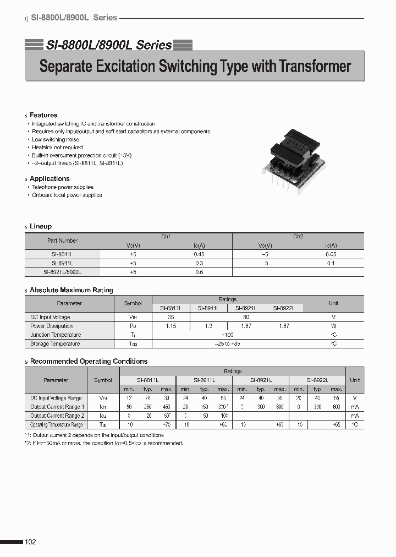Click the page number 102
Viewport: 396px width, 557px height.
click(x=30, y=542)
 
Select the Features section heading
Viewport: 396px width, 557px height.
click(x=43, y=115)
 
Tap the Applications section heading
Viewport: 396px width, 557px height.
click(x=50, y=179)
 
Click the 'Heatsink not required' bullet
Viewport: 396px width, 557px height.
click(x=57, y=148)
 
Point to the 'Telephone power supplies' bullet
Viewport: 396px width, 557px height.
click(x=63, y=187)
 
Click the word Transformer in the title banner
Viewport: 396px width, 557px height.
click(x=315, y=67)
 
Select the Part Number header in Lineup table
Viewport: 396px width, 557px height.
click(x=62, y=241)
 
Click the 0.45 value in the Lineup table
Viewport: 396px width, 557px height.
click(x=199, y=254)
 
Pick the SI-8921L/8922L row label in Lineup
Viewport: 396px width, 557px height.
click(x=62, y=272)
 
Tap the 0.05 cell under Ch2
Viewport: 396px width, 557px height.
click(x=331, y=254)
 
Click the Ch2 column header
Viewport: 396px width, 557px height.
click(x=298, y=237)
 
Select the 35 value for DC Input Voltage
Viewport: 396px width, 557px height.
click(x=170, y=317)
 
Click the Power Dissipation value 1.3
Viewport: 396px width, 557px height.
click(x=208, y=326)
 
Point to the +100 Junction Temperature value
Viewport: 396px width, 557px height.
click(x=227, y=335)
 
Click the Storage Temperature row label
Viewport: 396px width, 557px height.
click(x=55, y=343)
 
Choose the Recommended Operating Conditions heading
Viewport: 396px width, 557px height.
click(x=89, y=362)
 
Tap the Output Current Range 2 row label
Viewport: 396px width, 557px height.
click(x=57, y=416)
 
